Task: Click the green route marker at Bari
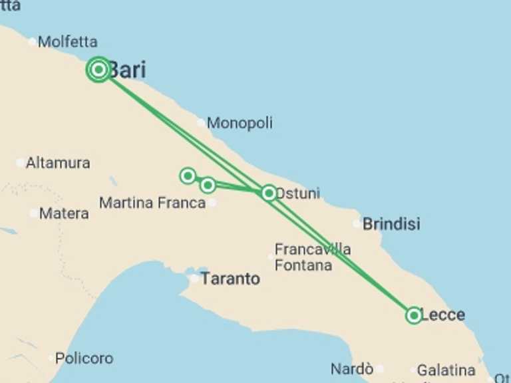pyautogui.click(x=98, y=69)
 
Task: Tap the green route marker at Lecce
pyautogui.click(x=414, y=315)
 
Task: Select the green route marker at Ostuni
pyautogui.click(x=269, y=193)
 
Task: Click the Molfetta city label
pyautogui.click(x=67, y=42)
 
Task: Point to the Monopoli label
pyautogui.click(x=240, y=123)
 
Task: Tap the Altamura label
pyautogui.click(x=58, y=162)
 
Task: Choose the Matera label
pyautogui.click(x=64, y=213)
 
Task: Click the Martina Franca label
pyautogui.click(x=152, y=203)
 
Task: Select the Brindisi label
pyautogui.click(x=391, y=224)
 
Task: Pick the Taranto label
pyautogui.click(x=230, y=279)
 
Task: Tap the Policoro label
pyautogui.click(x=84, y=358)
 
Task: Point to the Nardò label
pyautogui.click(x=352, y=369)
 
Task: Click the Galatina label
pyautogui.click(x=446, y=370)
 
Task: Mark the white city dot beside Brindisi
pyautogui.click(x=357, y=223)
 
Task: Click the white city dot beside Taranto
pyautogui.click(x=194, y=279)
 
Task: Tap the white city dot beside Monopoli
pyautogui.click(x=201, y=122)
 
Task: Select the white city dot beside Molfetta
pyautogui.click(x=32, y=42)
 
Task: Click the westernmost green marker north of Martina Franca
pyautogui.click(x=188, y=176)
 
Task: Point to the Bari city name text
pyautogui.click(x=127, y=70)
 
